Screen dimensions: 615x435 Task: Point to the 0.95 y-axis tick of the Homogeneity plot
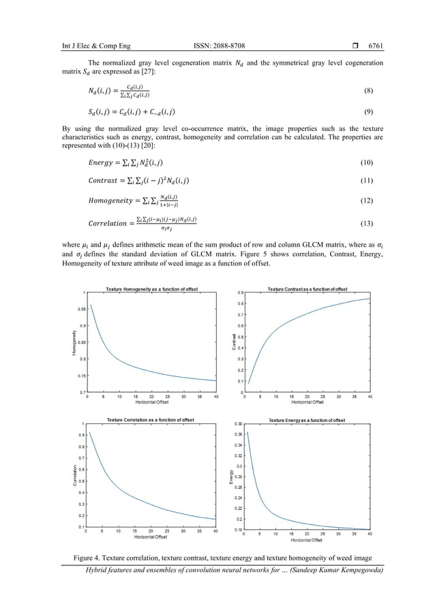(x=80, y=309)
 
